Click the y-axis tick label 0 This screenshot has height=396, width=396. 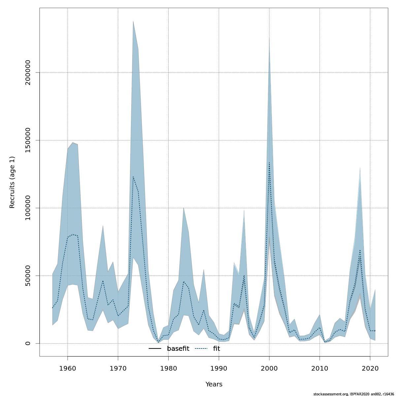point(28,343)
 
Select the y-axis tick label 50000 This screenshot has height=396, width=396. point(28,276)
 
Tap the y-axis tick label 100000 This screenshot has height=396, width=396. point(28,208)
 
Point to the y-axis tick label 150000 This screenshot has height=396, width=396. point(28,140)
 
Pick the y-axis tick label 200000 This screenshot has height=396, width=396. point(28,72)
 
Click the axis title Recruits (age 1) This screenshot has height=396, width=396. point(12,182)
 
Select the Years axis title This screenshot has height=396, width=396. point(214,384)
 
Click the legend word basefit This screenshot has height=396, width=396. point(178,348)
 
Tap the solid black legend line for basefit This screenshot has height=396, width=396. point(155,348)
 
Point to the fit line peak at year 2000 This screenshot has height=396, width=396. point(269,162)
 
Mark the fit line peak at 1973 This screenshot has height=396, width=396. point(133,177)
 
